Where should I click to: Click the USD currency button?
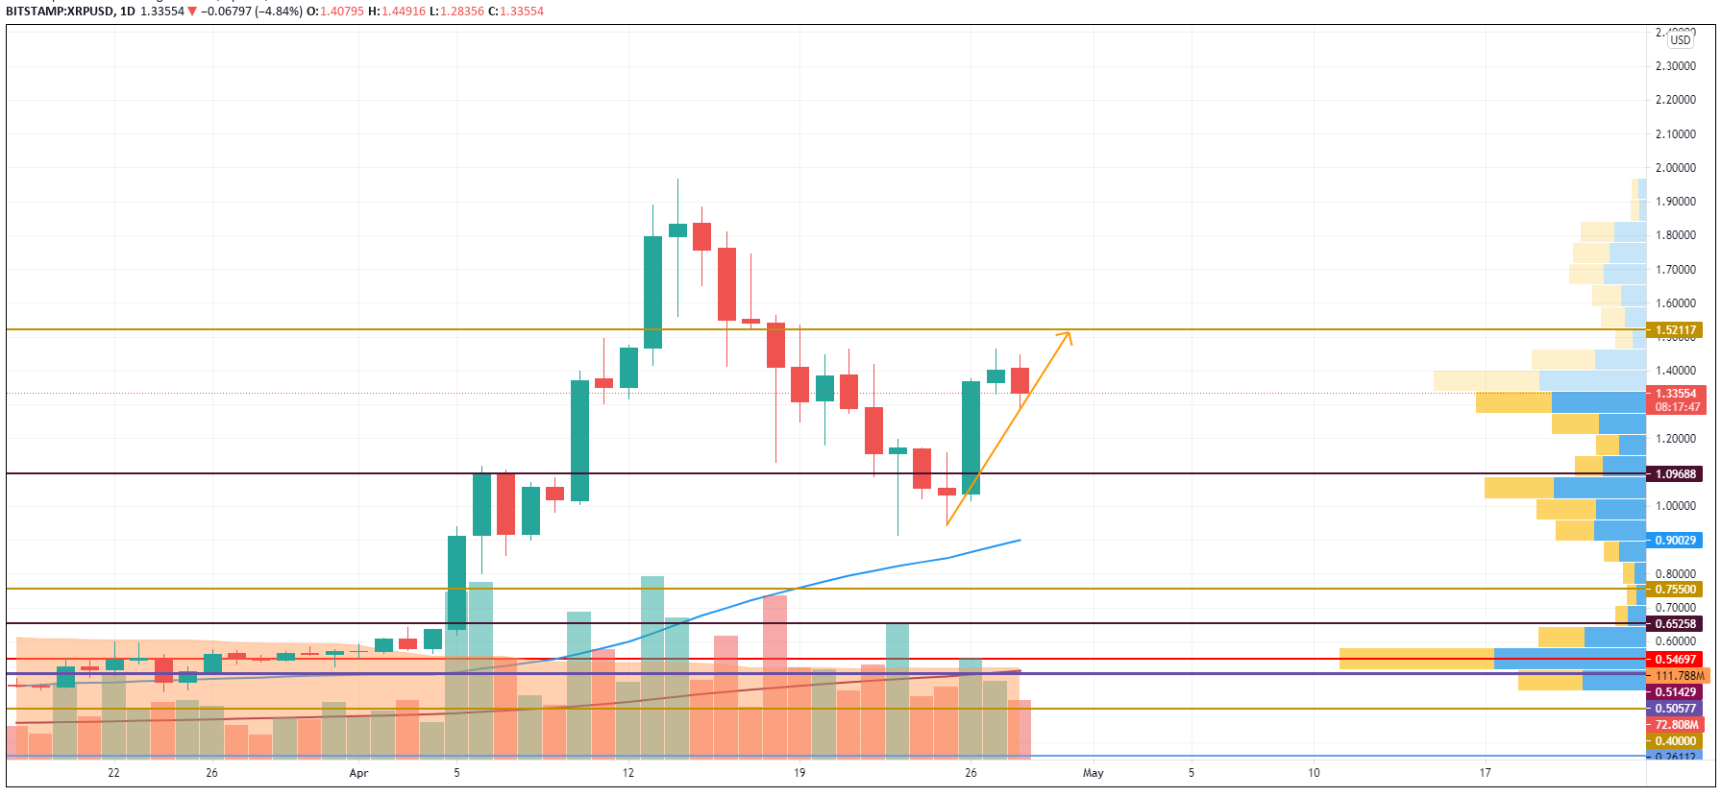coord(1681,40)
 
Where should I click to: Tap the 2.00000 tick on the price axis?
coord(1675,168)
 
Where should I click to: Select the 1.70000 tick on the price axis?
coord(1675,270)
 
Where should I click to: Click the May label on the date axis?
coord(1093,773)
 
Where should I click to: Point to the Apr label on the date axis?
coord(358,773)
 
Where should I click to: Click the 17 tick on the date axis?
coord(1485,773)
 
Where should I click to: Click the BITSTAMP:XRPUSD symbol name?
coord(58,12)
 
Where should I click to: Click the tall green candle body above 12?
coord(652,292)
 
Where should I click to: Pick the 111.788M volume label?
coord(1679,676)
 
